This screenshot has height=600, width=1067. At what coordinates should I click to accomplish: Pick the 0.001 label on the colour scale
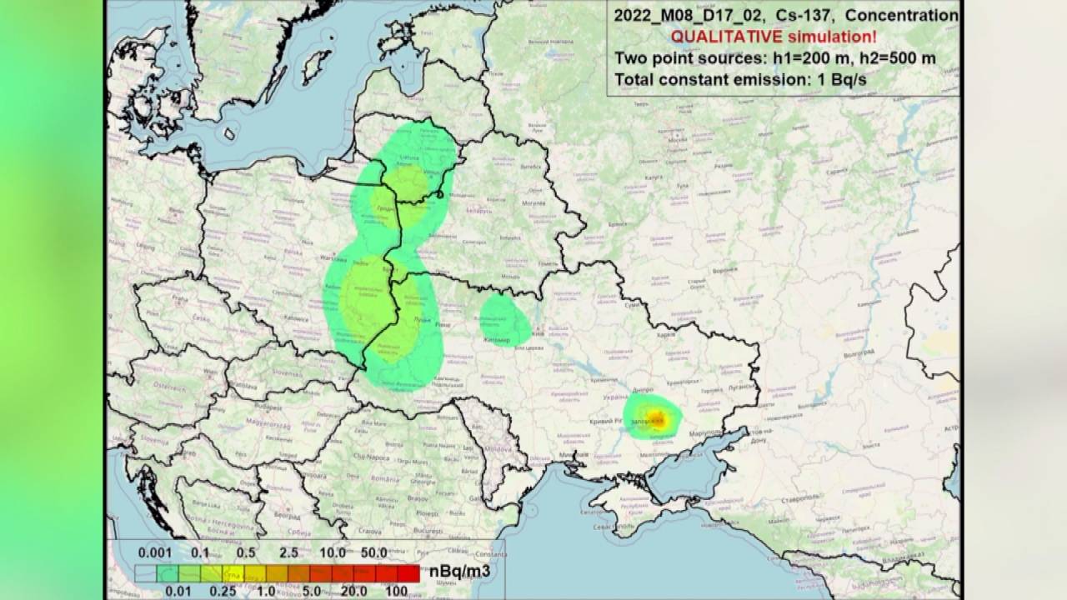tap(155, 552)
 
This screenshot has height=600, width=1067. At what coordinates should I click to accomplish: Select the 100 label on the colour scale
tap(397, 591)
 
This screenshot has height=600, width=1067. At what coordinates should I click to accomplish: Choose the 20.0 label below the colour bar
tap(353, 591)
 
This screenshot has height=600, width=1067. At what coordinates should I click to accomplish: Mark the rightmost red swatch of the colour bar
tap(408, 573)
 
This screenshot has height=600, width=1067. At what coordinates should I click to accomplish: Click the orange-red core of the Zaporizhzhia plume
tap(657, 417)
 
